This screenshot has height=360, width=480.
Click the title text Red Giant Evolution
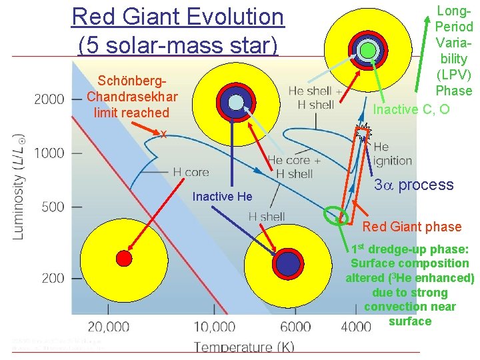[x=177, y=17]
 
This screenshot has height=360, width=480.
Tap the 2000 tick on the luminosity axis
[x=49, y=99]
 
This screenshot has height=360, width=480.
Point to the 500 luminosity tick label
[x=49, y=207]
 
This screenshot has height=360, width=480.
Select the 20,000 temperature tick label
[x=108, y=327]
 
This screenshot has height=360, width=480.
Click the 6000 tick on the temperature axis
[x=295, y=327]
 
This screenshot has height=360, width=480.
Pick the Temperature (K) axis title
[x=243, y=346]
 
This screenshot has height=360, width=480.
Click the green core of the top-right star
[x=367, y=50]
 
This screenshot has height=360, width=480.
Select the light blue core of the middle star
[x=236, y=102]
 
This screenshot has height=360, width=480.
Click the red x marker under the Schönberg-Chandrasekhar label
[x=163, y=134]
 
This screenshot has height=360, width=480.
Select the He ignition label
[x=392, y=154]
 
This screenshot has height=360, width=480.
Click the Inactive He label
[x=222, y=196]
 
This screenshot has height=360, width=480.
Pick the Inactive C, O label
[x=411, y=109]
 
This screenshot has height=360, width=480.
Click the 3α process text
[x=413, y=185]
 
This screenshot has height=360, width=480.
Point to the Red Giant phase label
[x=411, y=227]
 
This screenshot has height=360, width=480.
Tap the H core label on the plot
[x=191, y=172]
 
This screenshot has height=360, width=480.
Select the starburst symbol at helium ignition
[x=363, y=133]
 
